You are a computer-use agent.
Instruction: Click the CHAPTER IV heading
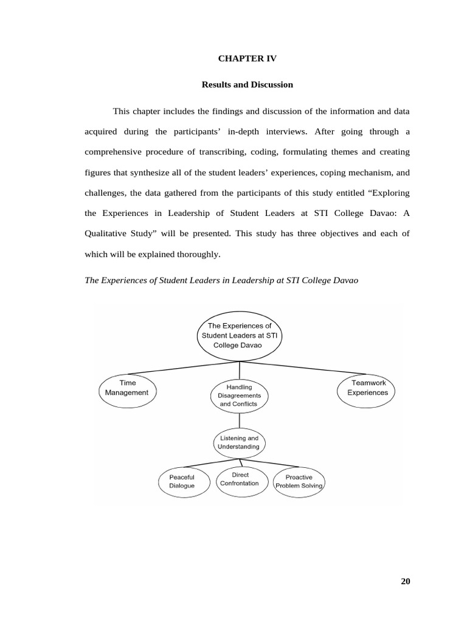247,59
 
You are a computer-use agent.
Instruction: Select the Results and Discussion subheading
247,85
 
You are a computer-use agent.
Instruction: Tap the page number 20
406,581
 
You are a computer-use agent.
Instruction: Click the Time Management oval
127,388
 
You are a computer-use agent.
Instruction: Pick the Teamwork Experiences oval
367,388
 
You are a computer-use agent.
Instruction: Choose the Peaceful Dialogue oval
182,482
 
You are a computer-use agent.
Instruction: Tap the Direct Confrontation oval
240,479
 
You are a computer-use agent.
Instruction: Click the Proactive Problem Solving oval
299,482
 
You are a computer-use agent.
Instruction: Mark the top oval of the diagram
240,335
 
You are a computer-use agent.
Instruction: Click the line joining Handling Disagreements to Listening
239,420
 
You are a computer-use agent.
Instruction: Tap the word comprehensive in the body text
117,152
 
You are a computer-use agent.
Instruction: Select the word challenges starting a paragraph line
106,193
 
